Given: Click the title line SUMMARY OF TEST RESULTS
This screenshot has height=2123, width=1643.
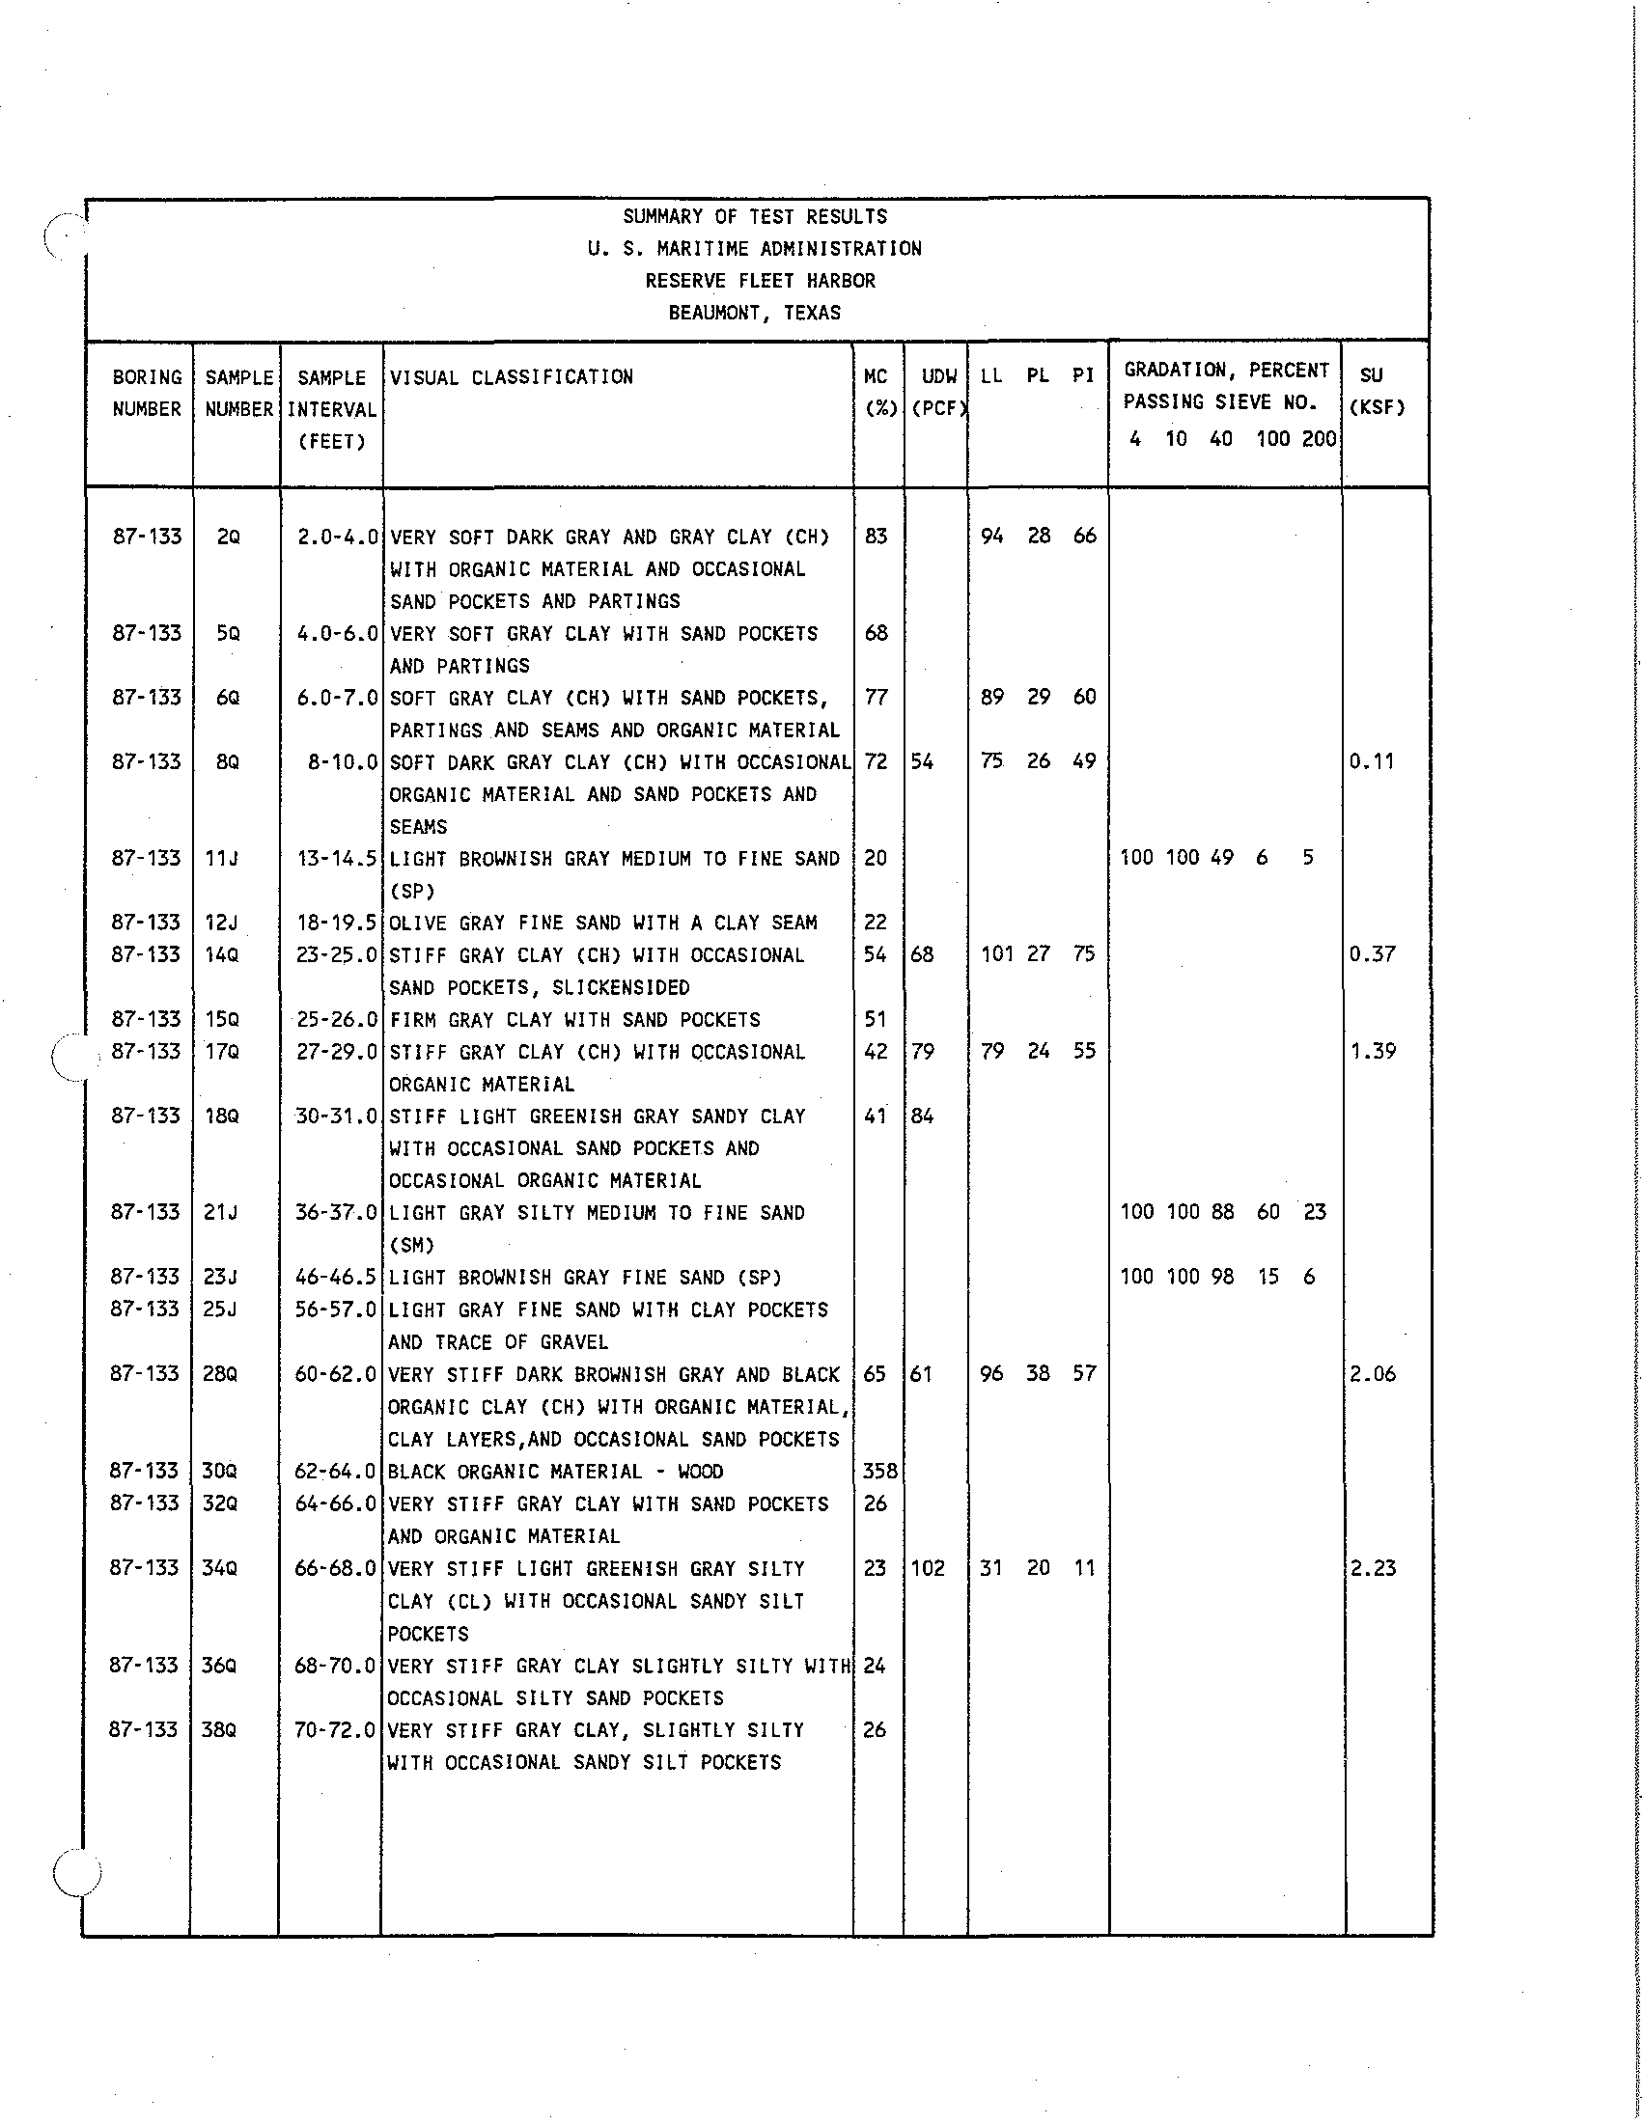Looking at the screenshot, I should (x=755, y=217).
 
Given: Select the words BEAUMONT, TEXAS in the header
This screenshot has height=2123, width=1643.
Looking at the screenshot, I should (x=755, y=313).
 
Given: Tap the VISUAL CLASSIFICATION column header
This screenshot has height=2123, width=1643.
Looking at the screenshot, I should (x=512, y=377).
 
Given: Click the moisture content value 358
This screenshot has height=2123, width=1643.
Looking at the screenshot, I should (x=879, y=1471).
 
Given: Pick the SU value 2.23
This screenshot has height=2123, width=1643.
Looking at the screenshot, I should (x=1373, y=1567).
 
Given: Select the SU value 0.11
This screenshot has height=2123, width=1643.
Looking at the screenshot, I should (x=1372, y=761).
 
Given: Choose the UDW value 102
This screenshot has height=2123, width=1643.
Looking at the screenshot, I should (x=928, y=1567).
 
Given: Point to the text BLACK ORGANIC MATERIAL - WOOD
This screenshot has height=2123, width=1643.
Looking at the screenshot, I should (x=555, y=1471).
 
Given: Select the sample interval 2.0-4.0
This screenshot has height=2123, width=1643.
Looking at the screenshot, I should (x=337, y=537).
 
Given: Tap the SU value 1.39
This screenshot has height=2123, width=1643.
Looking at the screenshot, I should (x=1373, y=1051).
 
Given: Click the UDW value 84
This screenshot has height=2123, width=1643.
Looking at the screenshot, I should (x=922, y=1116).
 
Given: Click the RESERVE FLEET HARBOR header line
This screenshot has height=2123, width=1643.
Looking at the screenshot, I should (x=761, y=281).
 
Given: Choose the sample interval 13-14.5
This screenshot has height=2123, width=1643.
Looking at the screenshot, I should (x=337, y=858).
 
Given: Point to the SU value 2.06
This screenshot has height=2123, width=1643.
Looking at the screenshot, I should (x=1373, y=1373).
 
